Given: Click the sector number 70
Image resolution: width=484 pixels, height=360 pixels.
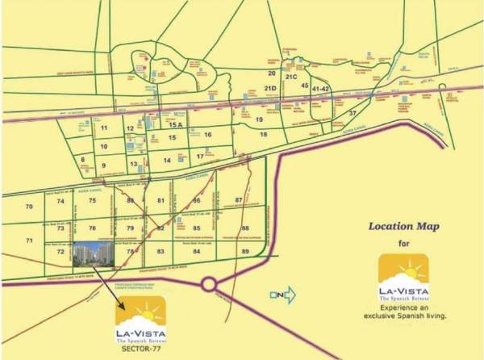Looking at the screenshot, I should (x=29, y=207).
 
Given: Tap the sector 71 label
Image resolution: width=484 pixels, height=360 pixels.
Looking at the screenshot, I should (x=29, y=241).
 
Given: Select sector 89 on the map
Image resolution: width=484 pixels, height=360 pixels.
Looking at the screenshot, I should (x=245, y=252).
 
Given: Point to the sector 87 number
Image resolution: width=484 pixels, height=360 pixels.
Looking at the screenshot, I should (x=239, y=199).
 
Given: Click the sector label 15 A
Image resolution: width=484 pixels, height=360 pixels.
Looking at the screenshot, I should (x=177, y=125).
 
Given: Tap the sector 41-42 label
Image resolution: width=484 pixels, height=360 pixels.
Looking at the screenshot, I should (x=321, y=87).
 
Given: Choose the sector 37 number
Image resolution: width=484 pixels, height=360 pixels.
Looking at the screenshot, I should (x=352, y=113).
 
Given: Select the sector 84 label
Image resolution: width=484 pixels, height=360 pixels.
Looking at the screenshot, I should (x=195, y=252).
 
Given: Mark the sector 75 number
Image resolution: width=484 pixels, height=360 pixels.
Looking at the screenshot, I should (x=93, y=200).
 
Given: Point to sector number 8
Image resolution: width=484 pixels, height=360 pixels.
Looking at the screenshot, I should (x=82, y=160).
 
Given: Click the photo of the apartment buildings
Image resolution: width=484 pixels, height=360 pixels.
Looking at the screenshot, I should (x=96, y=253).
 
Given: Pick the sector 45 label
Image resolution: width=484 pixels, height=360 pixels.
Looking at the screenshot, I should (x=304, y=85).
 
